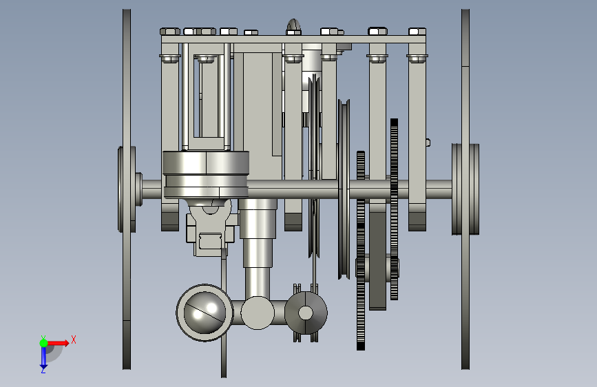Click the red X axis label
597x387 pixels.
74,339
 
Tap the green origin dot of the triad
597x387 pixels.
44,343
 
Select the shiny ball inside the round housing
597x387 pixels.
204,313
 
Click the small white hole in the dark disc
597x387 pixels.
305,313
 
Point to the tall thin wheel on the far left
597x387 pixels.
127,189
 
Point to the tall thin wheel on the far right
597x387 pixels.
465,189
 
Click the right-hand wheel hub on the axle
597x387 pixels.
465,189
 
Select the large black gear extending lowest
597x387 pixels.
361,251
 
